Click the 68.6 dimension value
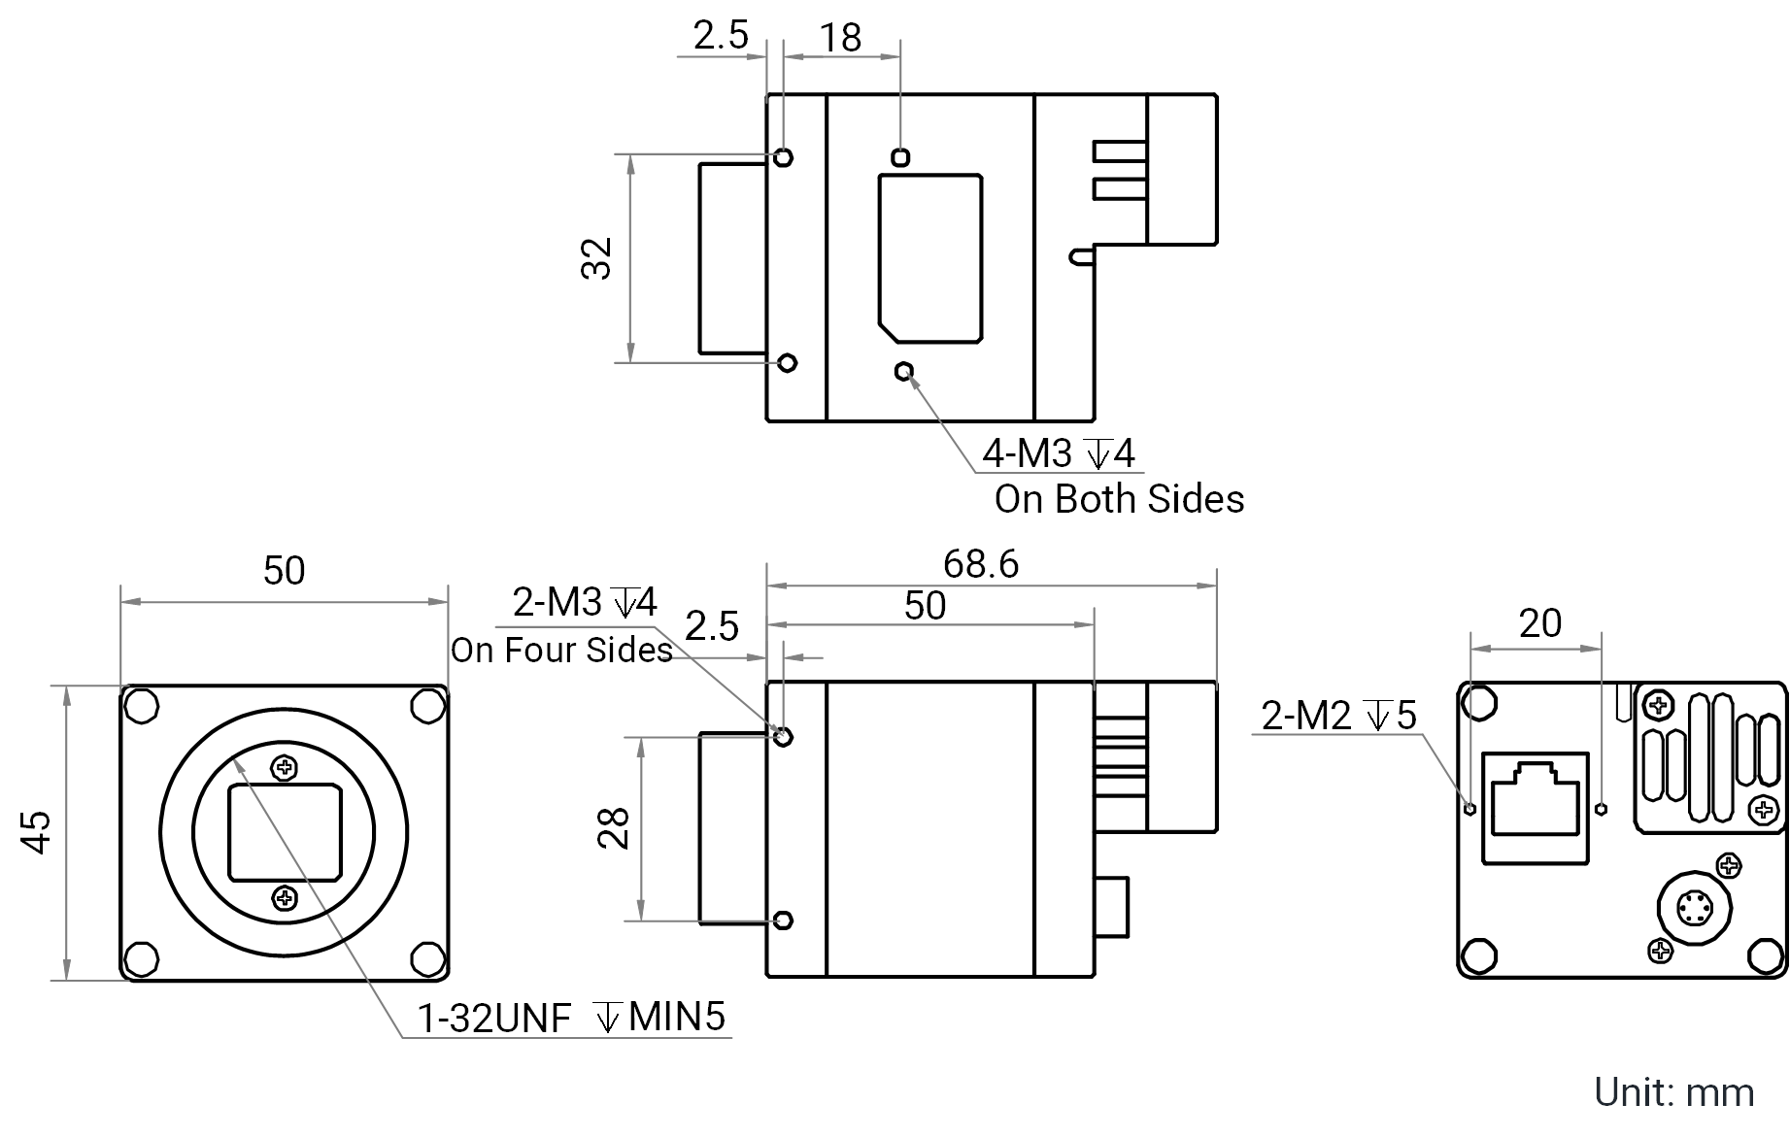(981, 564)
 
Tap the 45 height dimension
(36, 832)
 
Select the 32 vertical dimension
(596, 258)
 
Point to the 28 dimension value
(614, 828)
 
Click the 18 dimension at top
(840, 38)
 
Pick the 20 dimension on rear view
(1540, 623)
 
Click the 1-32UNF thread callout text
(494, 1018)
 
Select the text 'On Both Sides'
(1119, 499)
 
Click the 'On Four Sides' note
(561, 650)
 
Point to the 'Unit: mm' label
(1674, 1092)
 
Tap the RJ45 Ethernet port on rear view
(1535, 808)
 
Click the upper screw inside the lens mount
(285, 769)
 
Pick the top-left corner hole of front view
(142, 706)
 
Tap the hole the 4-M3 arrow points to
(904, 371)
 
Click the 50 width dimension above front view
(284, 570)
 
